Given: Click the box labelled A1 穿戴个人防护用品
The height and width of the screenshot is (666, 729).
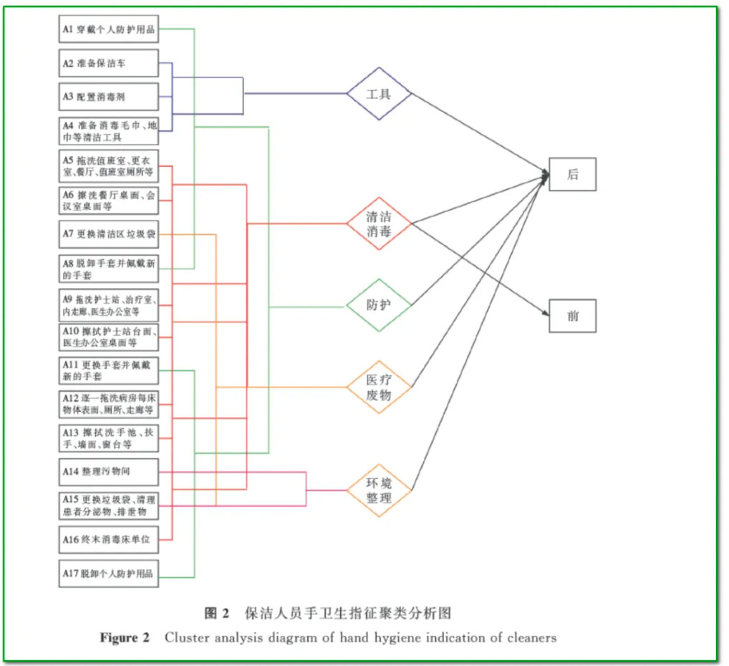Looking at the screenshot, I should pos(108,29).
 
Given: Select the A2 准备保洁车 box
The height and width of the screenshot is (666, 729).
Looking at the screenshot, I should pos(108,63).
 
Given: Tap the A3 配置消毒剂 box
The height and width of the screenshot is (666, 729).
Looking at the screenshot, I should pos(108,96).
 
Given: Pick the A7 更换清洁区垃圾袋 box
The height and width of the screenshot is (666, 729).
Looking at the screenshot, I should pos(108,234).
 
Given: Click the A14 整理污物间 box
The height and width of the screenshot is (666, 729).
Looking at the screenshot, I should pos(108,471).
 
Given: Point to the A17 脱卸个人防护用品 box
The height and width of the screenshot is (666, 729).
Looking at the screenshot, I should pos(108,574).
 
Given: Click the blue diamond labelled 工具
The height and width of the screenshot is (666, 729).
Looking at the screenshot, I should pos(379,94).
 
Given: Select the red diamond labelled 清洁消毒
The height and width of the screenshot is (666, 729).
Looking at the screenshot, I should pos(379,223).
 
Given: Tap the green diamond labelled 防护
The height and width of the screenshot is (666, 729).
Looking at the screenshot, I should pos(379,305).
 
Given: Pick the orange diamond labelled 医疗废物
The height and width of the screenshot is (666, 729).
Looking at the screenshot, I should pos(379,387).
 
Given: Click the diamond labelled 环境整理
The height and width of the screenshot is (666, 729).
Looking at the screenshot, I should pos(379,490).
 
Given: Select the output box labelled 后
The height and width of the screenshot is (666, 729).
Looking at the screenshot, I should pos(572,174).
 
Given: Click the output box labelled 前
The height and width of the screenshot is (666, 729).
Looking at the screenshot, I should pos(572,316).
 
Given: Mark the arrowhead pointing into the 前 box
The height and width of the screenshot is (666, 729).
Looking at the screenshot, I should pos(546,313).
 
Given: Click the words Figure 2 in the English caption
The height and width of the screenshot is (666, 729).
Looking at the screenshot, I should pos(125,637).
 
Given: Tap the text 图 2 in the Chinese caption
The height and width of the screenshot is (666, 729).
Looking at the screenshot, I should pos(216,614).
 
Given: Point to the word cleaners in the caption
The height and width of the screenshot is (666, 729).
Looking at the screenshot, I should pos(531,637).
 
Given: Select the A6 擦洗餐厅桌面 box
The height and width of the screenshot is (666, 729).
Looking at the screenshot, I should pos(108,201).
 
